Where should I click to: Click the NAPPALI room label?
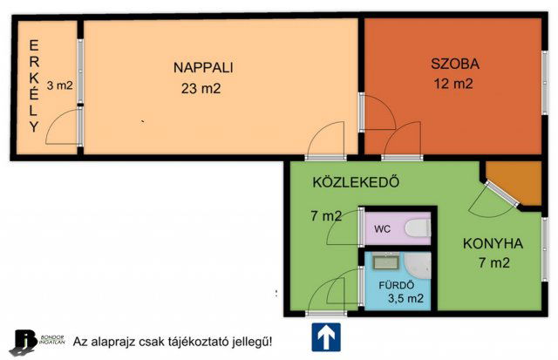pos(203,67)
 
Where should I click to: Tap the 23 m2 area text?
pos(201,87)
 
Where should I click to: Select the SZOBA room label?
pos(454,65)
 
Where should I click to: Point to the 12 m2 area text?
pos(453,85)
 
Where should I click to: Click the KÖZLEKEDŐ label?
pos(356,183)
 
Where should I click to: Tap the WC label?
pos(382,229)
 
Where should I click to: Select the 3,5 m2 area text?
pos(401,299)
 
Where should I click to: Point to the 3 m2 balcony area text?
pos(59,85)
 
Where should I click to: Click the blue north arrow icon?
pos(325,336)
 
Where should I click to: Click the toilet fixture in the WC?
pos(417,229)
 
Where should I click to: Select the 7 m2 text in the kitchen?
pos(493,262)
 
